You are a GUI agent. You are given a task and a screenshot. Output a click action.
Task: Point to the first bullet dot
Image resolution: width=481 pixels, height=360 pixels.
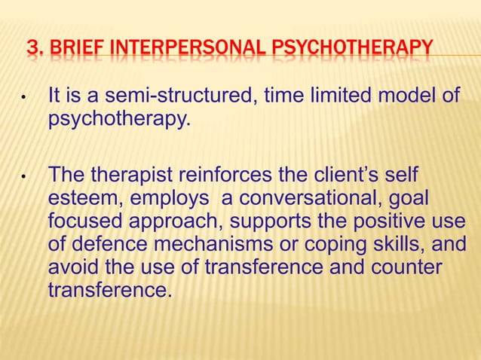click(x=25, y=99)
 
